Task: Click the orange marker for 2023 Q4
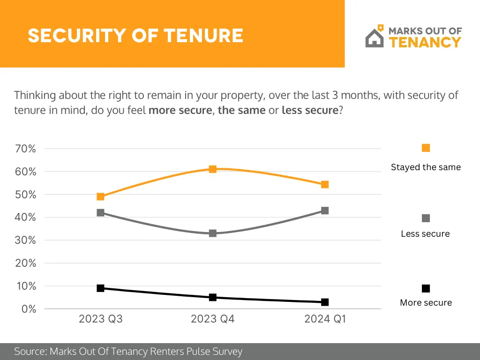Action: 212,169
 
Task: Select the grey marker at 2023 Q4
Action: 212,233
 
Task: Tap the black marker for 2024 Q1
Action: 325,302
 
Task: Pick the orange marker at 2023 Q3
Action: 100,196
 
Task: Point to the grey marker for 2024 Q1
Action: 325,210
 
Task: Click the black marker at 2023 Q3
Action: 100,288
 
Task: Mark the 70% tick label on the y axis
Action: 26,149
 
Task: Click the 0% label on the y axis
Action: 29,309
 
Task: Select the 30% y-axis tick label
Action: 26,240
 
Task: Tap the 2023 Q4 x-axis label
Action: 212,319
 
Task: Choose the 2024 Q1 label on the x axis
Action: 325,319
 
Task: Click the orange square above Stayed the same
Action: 426,148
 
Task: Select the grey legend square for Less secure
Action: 426,218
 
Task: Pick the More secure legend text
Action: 426,303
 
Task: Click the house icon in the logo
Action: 375,37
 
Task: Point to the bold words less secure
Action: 309,111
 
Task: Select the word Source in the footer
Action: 30,352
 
